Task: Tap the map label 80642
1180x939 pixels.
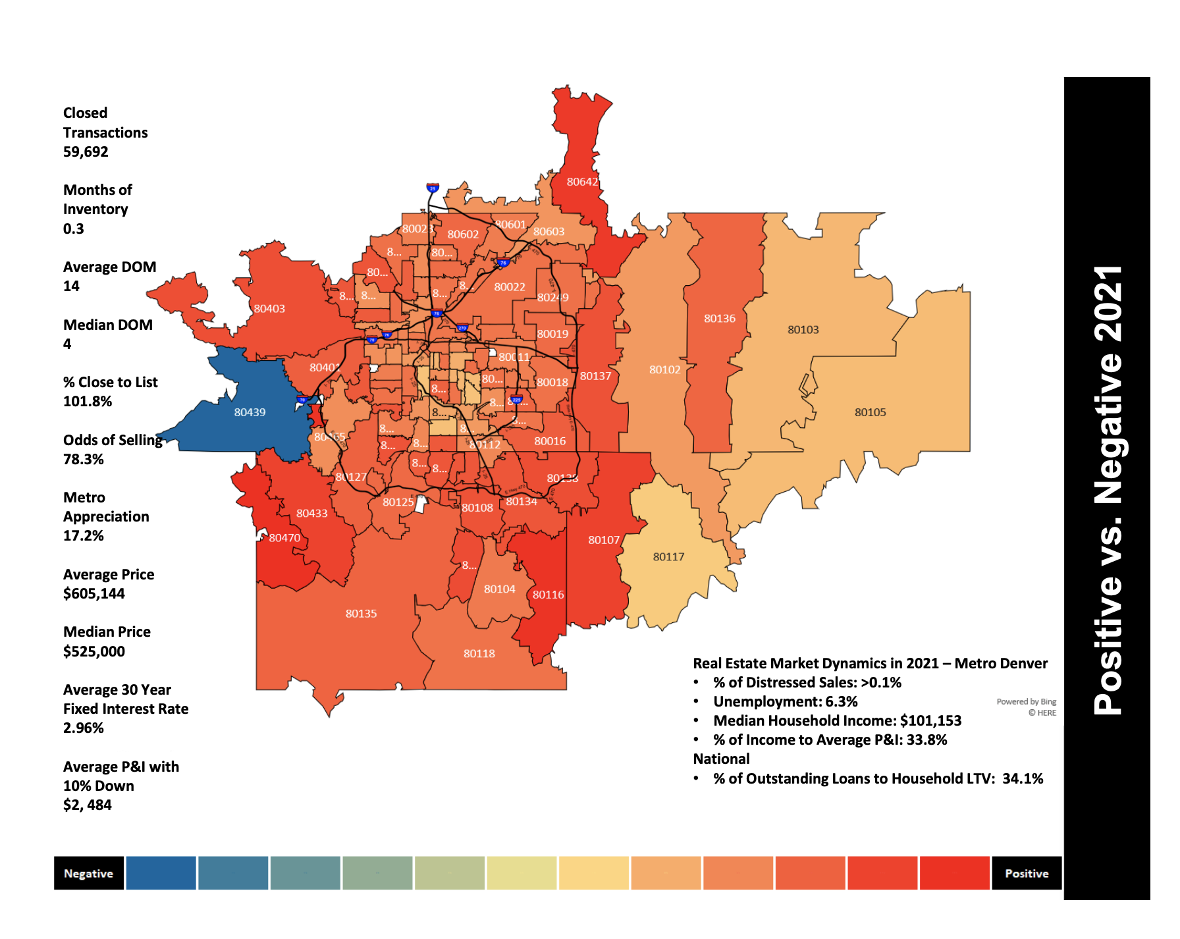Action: (582, 182)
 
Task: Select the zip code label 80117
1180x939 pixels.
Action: (668, 557)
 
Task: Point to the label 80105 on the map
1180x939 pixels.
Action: (870, 412)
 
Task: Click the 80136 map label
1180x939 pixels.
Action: (719, 319)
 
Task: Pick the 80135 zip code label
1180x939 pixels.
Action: (361, 614)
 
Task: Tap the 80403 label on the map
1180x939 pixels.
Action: (269, 309)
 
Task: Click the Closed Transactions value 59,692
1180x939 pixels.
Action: (86, 152)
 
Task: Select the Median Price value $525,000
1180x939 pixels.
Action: (94, 652)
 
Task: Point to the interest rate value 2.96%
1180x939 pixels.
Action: (84, 728)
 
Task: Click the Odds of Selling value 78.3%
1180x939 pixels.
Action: (84, 460)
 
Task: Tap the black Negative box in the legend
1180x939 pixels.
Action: (89, 874)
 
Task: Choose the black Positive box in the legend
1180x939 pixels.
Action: (1026, 874)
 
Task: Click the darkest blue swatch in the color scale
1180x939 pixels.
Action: (161, 874)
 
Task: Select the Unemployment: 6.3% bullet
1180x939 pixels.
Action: (785, 702)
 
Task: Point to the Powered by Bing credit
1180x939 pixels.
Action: (1026, 702)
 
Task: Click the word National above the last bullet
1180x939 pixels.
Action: (721, 759)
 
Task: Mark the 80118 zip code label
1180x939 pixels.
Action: (479, 654)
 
